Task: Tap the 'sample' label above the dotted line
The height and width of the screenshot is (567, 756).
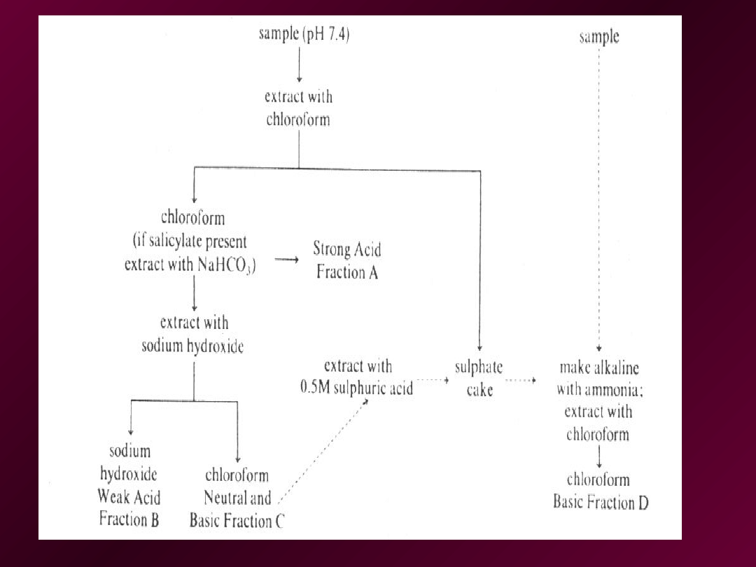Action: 599,36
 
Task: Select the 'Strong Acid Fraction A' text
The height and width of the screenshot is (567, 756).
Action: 347,260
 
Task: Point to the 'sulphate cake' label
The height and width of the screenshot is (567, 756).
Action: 479,378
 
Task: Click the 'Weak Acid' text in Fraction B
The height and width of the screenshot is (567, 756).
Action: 129,497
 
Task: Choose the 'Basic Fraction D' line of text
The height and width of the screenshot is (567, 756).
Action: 601,502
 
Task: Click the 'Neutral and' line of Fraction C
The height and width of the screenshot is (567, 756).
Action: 237,498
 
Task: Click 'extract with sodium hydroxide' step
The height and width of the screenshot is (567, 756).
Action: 193,335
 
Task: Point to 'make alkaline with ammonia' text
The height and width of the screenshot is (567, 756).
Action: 599,378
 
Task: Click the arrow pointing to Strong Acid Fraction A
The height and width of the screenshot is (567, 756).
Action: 286,260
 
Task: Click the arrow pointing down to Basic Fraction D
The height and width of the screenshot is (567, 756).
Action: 598,457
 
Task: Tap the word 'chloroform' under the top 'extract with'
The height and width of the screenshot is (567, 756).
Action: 298,119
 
